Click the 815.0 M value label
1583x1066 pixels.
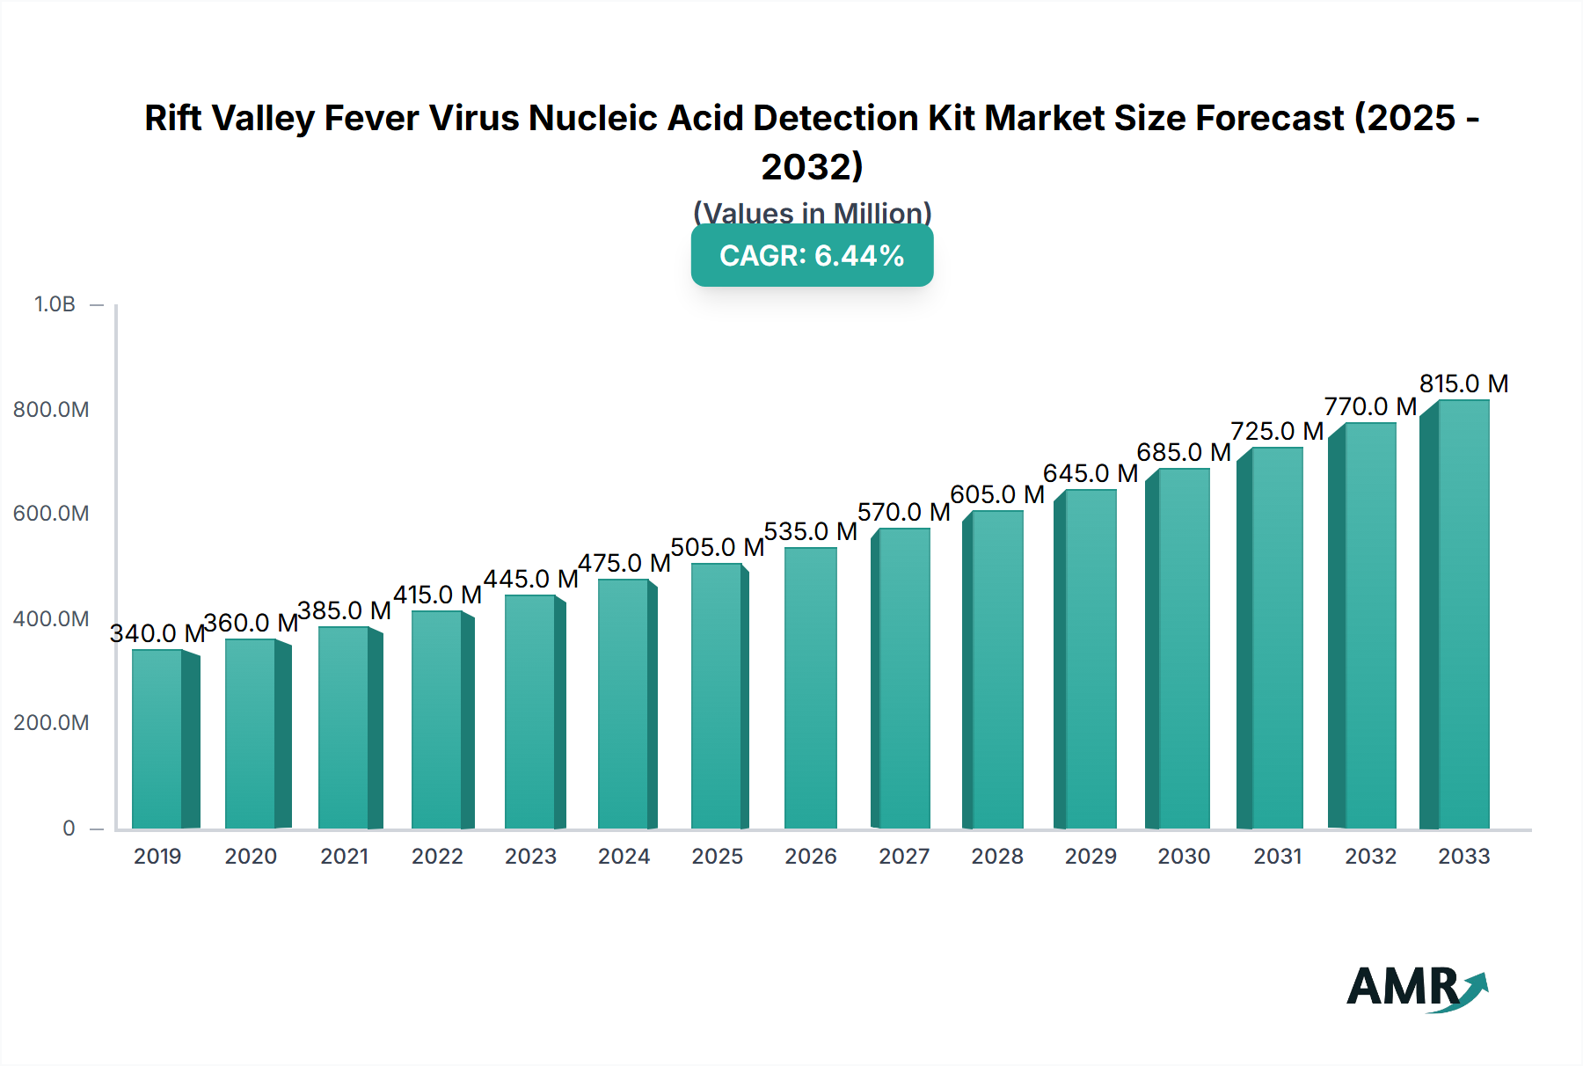1463,383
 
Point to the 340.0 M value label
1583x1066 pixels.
157,633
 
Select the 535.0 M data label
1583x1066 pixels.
810,531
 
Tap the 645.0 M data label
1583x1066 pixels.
1091,473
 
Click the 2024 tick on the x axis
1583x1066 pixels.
624,856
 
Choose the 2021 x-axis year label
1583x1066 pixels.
344,856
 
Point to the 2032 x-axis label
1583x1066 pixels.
1370,856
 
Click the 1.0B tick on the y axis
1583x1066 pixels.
55,304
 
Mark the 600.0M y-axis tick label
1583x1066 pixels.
51,514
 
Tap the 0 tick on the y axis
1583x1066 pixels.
69,829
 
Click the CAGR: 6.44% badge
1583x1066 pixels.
812,256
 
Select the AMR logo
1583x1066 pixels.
1417,987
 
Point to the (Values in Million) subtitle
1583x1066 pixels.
812,213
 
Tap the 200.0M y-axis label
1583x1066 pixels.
51,723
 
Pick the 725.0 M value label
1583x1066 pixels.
1277,431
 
